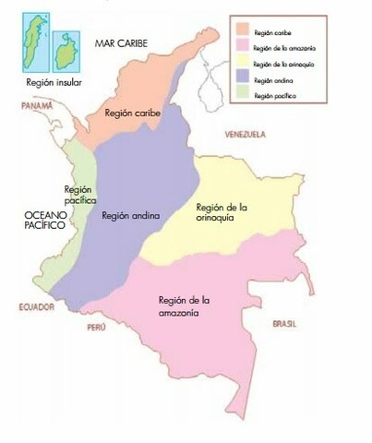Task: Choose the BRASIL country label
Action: point(283,324)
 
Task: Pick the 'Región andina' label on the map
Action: point(130,216)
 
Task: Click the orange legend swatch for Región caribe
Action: point(244,29)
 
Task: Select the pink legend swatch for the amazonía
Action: point(244,45)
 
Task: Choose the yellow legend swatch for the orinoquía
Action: point(244,63)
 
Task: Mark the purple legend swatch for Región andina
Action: point(244,80)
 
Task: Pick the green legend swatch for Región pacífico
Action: point(244,96)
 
